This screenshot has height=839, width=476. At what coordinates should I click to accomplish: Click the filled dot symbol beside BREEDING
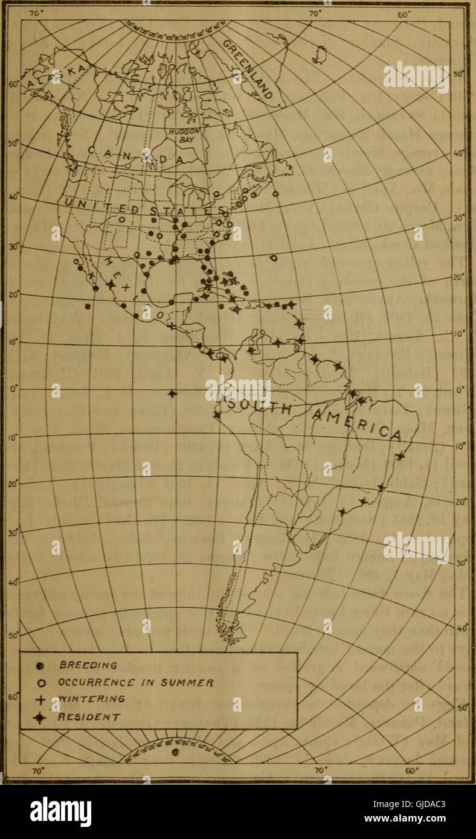click(x=40, y=666)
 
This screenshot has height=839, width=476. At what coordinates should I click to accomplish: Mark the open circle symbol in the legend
click(x=40, y=683)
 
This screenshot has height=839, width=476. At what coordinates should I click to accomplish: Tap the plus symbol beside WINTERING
click(x=40, y=700)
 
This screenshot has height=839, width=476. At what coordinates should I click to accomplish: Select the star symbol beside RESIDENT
click(x=40, y=717)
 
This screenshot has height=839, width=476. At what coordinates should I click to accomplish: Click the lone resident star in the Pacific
click(x=173, y=394)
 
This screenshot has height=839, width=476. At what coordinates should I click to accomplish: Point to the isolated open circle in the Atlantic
click(x=274, y=258)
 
